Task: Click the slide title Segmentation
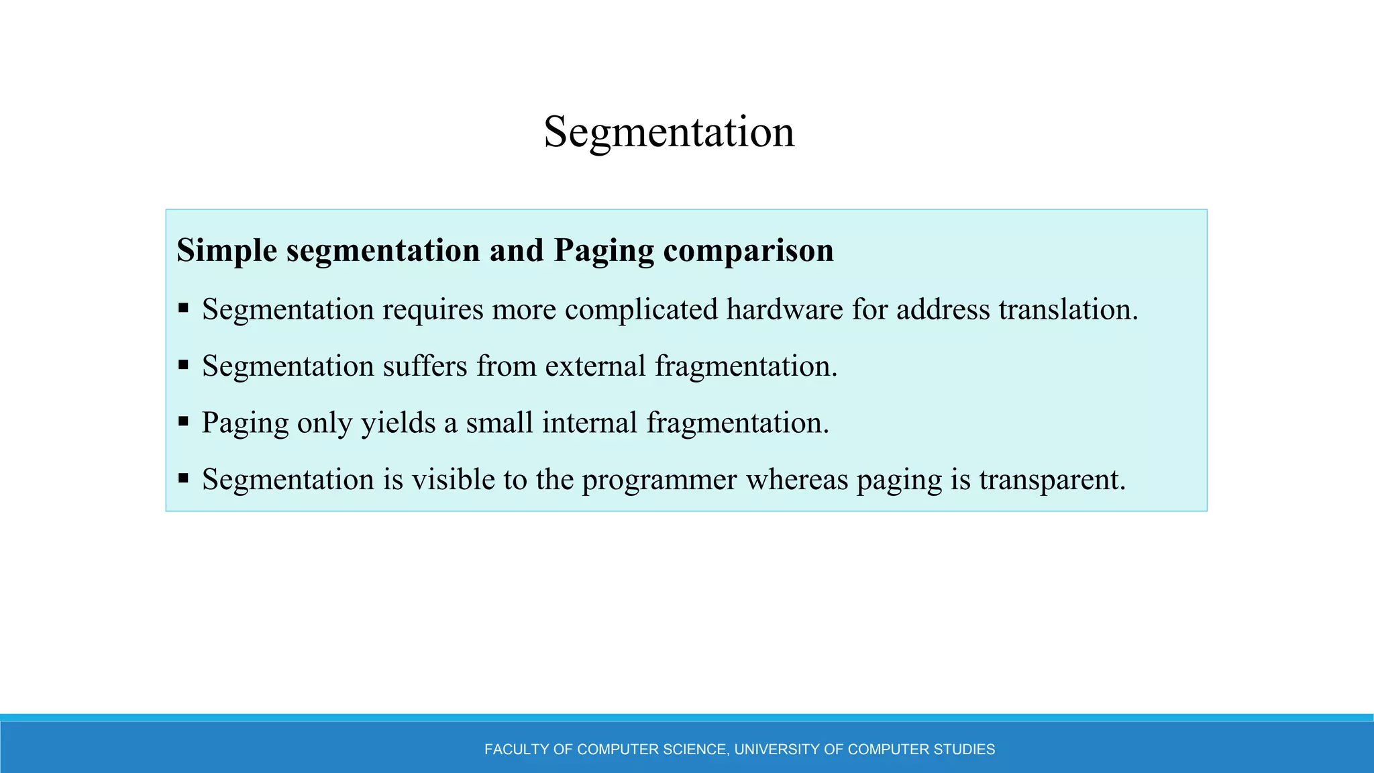pyautogui.click(x=669, y=132)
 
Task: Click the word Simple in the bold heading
pyautogui.click(x=227, y=251)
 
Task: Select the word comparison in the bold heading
pyautogui.click(x=748, y=251)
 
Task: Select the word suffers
pyautogui.click(x=425, y=366)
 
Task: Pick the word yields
pyautogui.click(x=399, y=423)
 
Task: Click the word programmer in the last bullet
pyautogui.click(x=659, y=480)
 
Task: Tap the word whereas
pyautogui.click(x=797, y=480)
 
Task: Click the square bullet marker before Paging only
pyautogui.click(x=183, y=421)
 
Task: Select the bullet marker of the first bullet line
pyautogui.click(x=183, y=308)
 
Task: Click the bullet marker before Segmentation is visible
pyautogui.click(x=183, y=478)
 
